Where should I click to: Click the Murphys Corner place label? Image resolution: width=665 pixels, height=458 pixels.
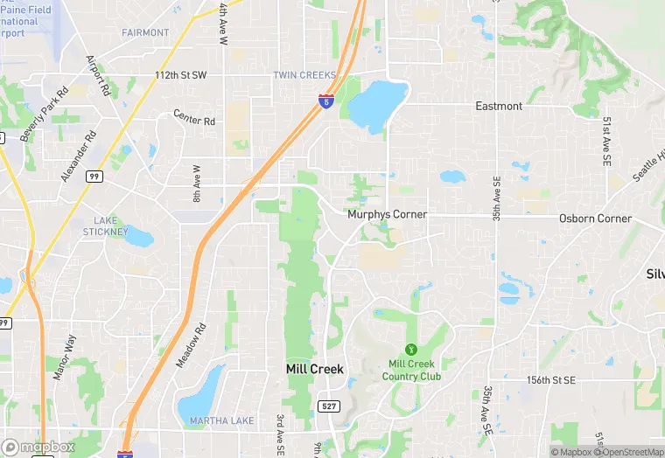[x=387, y=214]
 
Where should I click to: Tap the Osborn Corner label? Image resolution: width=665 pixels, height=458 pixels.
[x=595, y=219]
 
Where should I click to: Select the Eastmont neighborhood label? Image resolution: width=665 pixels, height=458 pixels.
[x=499, y=106]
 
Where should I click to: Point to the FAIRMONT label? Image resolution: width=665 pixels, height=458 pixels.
[x=145, y=33]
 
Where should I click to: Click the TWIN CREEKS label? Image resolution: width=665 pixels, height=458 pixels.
[x=304, y=75]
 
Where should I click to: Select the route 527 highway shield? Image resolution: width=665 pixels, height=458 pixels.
[x=329, y=406]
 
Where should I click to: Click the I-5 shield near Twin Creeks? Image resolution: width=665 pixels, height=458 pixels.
[x=325, y=102]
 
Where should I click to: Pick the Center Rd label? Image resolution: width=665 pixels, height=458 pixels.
[x=193, y=117]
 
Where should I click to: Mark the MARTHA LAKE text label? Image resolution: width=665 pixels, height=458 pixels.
[x=222, y=421]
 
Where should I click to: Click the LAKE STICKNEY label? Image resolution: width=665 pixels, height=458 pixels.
[x=105, y=226]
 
